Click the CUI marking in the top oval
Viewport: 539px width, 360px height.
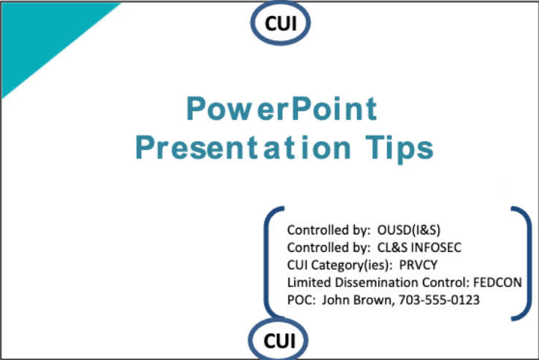(280, 23)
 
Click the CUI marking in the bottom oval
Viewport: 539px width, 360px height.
(280, 341)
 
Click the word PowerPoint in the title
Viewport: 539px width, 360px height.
(282, 108)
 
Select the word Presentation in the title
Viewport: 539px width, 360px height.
(243, 148)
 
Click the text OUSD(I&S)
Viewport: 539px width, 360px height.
(409, 230)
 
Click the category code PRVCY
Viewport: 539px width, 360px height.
(418, 265)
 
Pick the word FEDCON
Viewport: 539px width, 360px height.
(497, 283)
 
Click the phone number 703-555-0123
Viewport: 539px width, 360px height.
(439, 300)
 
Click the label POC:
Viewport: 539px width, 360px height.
(301, 300)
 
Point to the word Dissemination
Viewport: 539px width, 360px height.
(376, 283)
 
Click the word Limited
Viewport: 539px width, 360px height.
(309, 283)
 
